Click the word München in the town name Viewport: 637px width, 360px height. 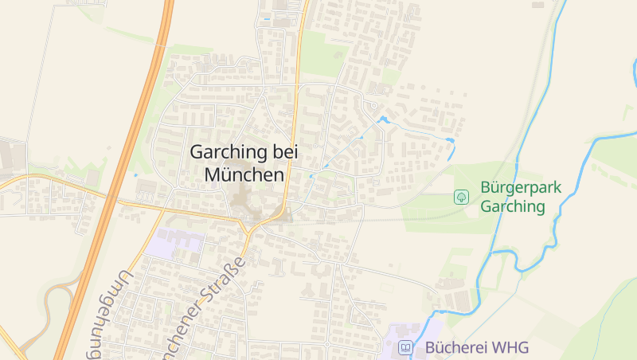244,174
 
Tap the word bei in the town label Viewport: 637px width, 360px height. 283,151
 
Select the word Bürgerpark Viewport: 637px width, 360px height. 521,188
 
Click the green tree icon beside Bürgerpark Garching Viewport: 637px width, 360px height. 461,196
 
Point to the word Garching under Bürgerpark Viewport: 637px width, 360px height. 513,207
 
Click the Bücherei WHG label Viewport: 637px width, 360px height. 476,347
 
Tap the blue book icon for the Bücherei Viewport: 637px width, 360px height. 406,347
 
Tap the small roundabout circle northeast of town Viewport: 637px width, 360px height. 371,105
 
